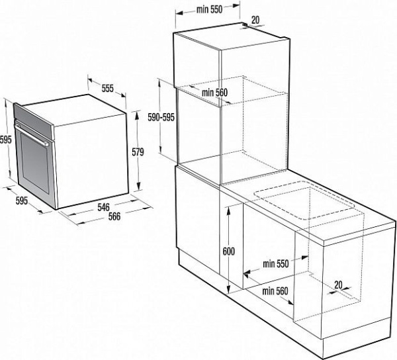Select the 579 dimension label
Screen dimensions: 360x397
coord(138,152)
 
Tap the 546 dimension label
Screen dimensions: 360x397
coord(103,207)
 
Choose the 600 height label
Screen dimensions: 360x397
coord(228,251)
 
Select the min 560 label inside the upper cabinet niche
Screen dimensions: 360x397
coord(215,92)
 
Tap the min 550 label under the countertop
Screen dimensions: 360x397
coord(275,263)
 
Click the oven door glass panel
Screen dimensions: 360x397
coord(34,165)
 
